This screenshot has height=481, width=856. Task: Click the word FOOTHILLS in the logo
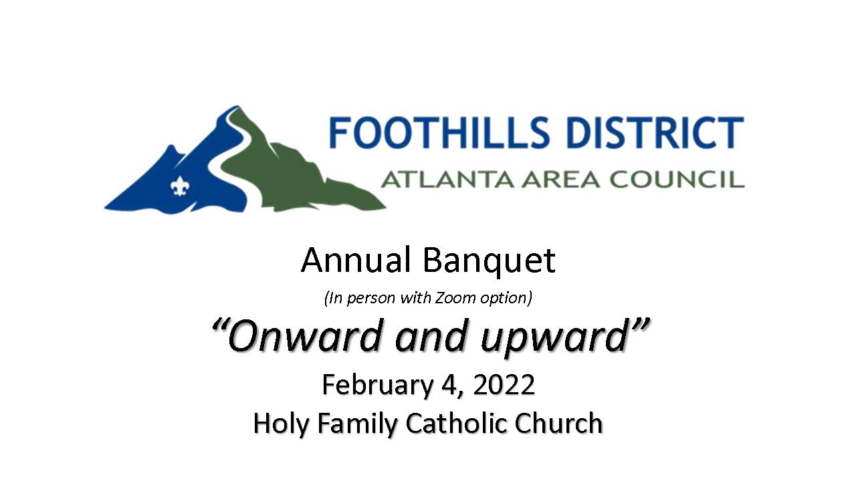439,132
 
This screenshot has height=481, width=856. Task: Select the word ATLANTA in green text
448,180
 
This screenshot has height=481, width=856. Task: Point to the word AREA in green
561,180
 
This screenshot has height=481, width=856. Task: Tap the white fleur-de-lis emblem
179,186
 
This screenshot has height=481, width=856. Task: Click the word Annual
355,261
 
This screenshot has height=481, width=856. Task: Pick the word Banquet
489,262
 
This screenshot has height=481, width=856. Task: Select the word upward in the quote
554,339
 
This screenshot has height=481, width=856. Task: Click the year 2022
504,384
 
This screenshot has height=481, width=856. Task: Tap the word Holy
281,424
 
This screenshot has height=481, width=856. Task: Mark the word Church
558,423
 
